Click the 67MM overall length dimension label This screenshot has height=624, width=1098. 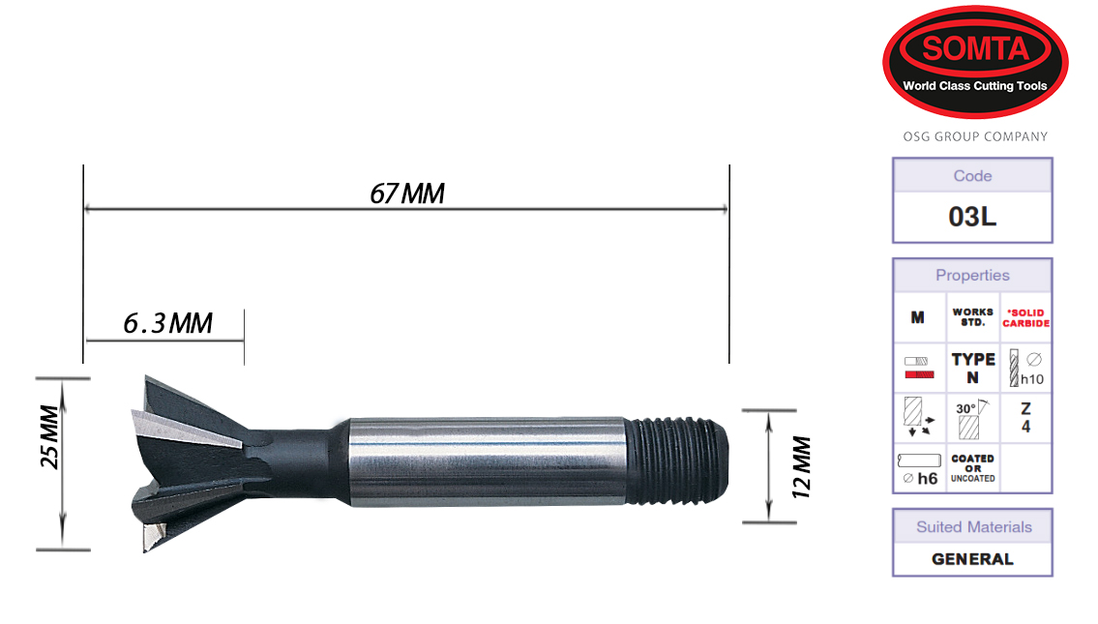(407, 193)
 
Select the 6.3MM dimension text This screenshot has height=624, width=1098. (167, 323)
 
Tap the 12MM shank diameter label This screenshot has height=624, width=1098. (800, 466)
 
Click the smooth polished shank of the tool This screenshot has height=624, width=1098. (484, 461)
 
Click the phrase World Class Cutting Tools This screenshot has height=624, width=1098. (974, 86)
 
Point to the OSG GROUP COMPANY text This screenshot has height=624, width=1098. (974, 136)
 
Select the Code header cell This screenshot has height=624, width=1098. (972, 176)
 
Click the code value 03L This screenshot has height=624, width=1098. (972, 217)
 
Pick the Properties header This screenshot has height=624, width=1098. (972, 276)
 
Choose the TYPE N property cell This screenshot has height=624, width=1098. (972, 368)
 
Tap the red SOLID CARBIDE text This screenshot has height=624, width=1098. (1024, 318)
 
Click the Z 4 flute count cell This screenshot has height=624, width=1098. (1024, 417)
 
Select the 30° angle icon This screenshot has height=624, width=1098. (972, 417)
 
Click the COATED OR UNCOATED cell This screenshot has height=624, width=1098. (972, 468)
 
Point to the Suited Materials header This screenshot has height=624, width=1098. (972, 527)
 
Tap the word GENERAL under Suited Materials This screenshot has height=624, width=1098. (972, 559)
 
